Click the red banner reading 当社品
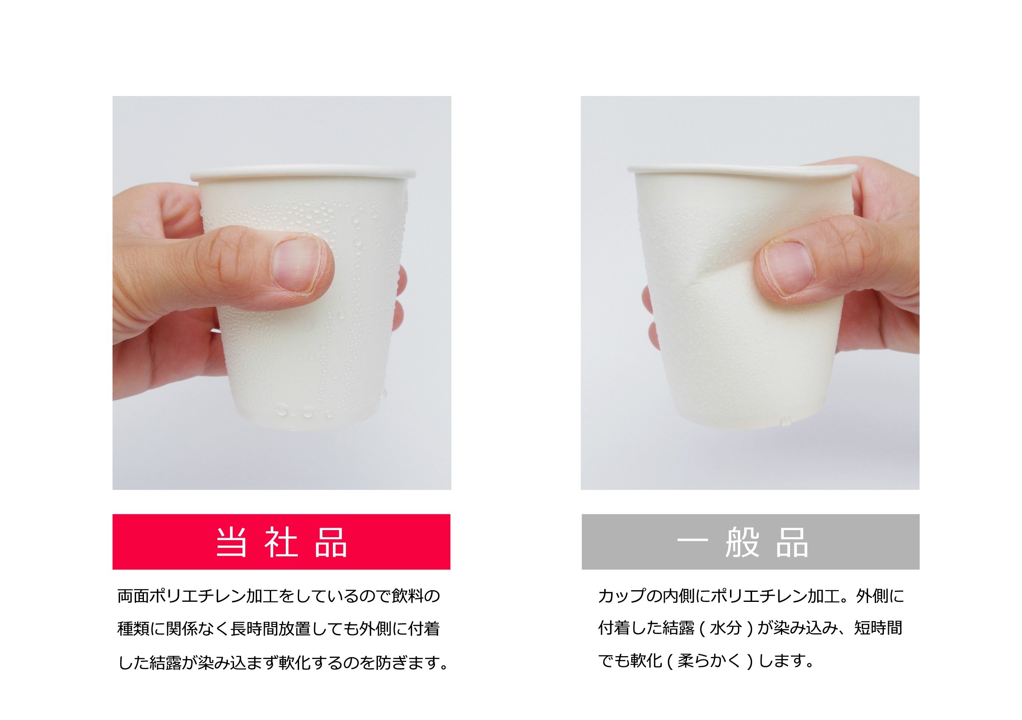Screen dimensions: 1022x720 (281, 542)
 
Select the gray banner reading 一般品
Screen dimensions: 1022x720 (750, 542)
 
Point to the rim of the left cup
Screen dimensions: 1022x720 (303, 174)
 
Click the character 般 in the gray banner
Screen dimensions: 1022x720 (742, 542)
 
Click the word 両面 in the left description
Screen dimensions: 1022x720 (133, 596)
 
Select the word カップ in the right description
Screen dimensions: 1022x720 (622, 596)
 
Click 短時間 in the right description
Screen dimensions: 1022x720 (878, 628)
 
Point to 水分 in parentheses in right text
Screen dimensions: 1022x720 (725, 628)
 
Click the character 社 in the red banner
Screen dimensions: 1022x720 (281, 542)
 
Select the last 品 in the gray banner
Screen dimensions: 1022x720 (792, 542)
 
